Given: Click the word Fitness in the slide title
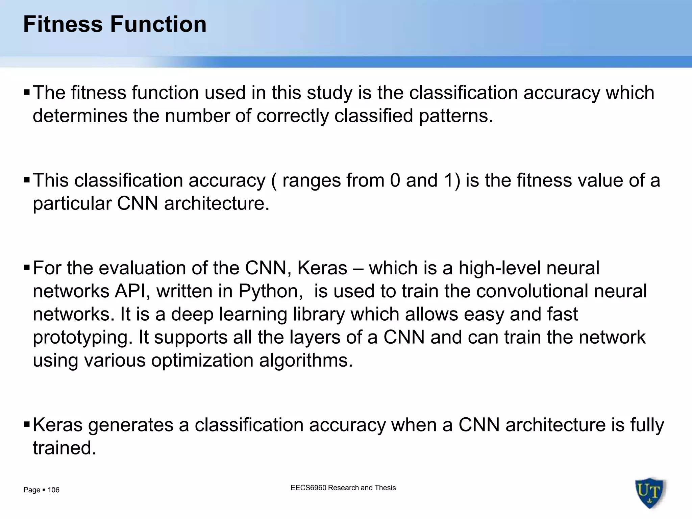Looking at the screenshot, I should (x=63, y=24).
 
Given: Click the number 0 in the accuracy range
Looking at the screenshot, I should (x=395, y=180).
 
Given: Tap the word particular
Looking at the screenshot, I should (x=72, y=204).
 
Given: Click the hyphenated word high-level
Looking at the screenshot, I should (x=499, y=268).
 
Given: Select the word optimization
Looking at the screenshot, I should (x=202, y=361).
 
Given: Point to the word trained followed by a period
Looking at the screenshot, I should (x=64, y=448).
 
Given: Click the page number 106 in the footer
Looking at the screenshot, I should (x=53, y=490).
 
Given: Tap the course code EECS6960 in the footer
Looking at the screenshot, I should (x=308, y=488).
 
